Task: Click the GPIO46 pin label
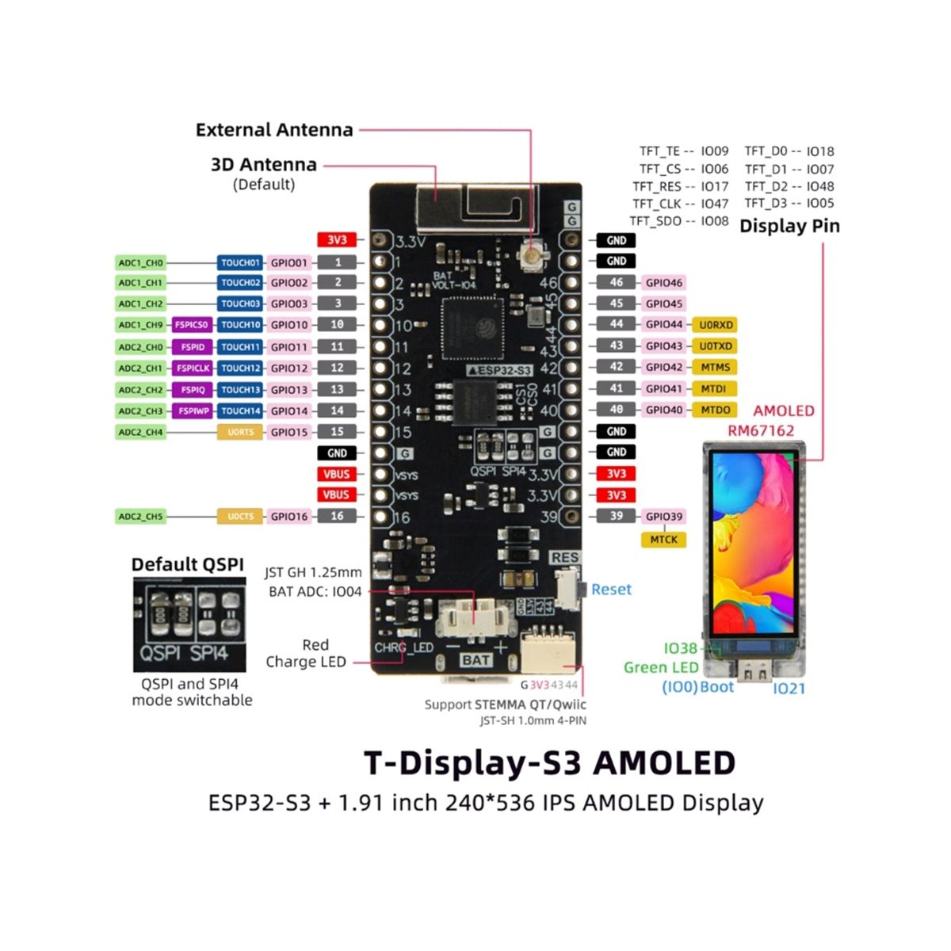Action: (663, 283)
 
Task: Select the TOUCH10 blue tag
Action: (240, 325)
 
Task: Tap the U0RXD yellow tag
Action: (716, 325)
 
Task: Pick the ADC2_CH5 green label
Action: (140, 517)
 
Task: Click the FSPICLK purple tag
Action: (193, 369)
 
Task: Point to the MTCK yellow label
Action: (663, 540)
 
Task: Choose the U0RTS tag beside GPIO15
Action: (240, 433)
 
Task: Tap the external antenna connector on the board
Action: (529, 255)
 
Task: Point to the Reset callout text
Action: (611, 590)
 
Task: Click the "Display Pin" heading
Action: (789, 226)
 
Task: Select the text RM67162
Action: (761, 431)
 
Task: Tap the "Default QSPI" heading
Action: (188, 565)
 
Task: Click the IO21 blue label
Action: (789, 689)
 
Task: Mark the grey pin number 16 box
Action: (337, 517)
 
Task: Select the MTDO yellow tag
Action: (716, 411)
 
